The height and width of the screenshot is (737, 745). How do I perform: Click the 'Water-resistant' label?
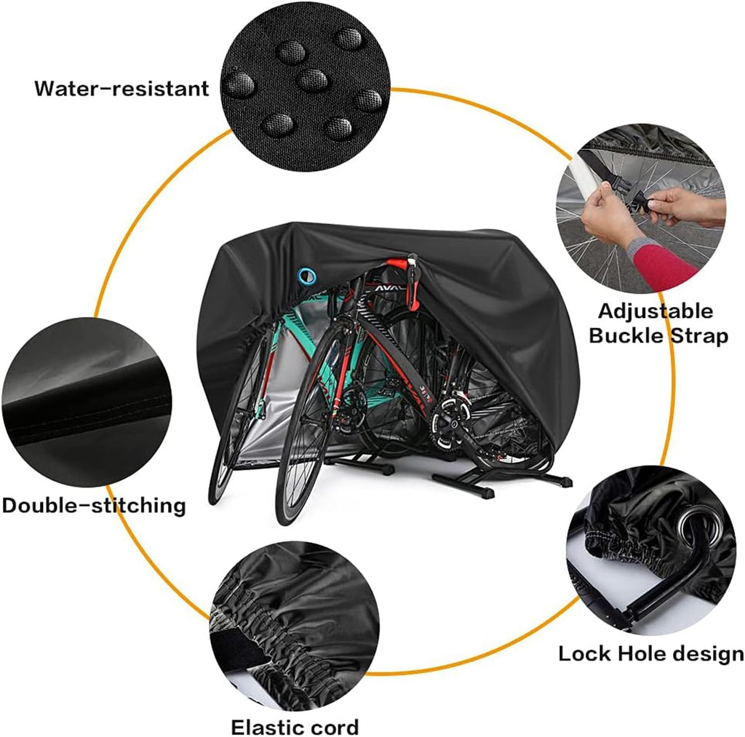[121, 89]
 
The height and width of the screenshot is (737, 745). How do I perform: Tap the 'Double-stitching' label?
[93, 505]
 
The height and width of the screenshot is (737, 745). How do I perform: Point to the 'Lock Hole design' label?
[651, 653]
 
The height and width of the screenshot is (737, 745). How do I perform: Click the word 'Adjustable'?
[656, 311]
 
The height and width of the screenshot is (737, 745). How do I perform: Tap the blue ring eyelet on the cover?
[307, 274]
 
